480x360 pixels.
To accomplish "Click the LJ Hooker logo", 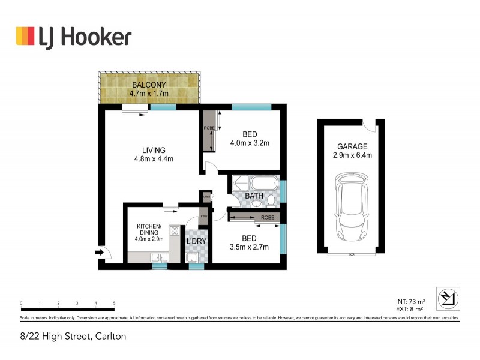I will [73, 37].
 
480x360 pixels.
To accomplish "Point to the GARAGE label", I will [353, 146].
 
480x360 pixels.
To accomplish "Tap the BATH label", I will [254, 196].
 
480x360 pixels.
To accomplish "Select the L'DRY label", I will [196, 241].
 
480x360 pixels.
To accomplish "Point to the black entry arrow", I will [98, 253].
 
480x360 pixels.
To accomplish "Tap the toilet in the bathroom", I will [272, 199].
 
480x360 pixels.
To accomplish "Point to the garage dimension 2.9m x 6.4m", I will [353, 155].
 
